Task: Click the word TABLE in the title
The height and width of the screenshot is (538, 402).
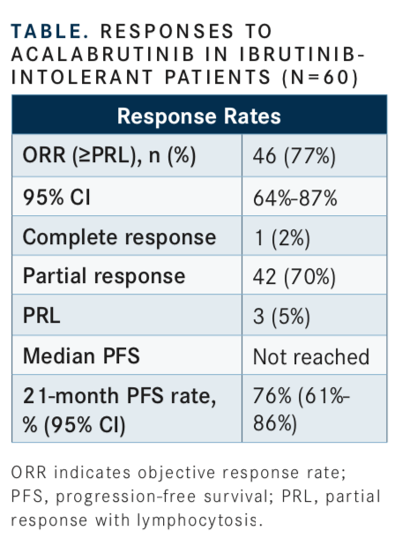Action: (49, 31)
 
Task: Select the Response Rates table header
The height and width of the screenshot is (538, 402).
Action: (199, 116)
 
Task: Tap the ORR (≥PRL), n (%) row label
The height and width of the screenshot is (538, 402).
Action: (109, 155)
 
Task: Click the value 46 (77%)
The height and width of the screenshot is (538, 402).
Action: (294, 156)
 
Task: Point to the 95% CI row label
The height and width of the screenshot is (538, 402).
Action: (56, 198)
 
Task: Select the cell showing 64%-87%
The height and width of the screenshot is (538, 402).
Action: (295, 198)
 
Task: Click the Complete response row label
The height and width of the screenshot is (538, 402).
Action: (119, 237)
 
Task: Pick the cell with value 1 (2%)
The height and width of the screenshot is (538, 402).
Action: (282, 238)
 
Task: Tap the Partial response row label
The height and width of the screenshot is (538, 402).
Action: (104, 277)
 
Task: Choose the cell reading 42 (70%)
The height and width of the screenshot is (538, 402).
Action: (294, 277)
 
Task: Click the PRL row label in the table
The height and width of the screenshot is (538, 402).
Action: (41, 315)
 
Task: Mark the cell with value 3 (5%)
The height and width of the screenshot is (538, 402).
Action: (281, 316)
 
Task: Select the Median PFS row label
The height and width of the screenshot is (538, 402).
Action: (81, 355)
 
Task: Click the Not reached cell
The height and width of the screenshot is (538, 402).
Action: (311, 357)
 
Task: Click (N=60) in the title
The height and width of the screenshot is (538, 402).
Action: (320, 78)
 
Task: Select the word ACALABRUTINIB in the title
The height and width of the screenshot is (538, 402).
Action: (103, 54)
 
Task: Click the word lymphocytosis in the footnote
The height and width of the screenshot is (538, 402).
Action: (199, 520)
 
